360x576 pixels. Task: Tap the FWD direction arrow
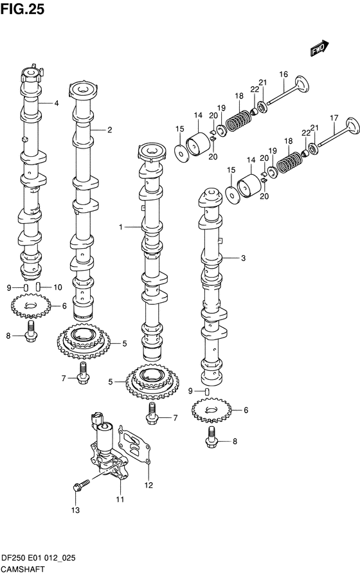click(319, 50)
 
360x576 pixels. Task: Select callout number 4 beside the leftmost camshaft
click(56, 103)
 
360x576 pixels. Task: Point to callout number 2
click(109, 130)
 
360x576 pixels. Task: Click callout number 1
click(120, 227)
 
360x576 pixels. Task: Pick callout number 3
click(243, 258)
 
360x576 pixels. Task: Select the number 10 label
click(57, 287)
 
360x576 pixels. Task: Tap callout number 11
click(120, 499)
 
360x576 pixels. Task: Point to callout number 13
click(75, 510)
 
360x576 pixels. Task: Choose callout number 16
click(283, 75)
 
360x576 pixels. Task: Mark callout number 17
click(334, 118)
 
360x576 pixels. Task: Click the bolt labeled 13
click(78, 487)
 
